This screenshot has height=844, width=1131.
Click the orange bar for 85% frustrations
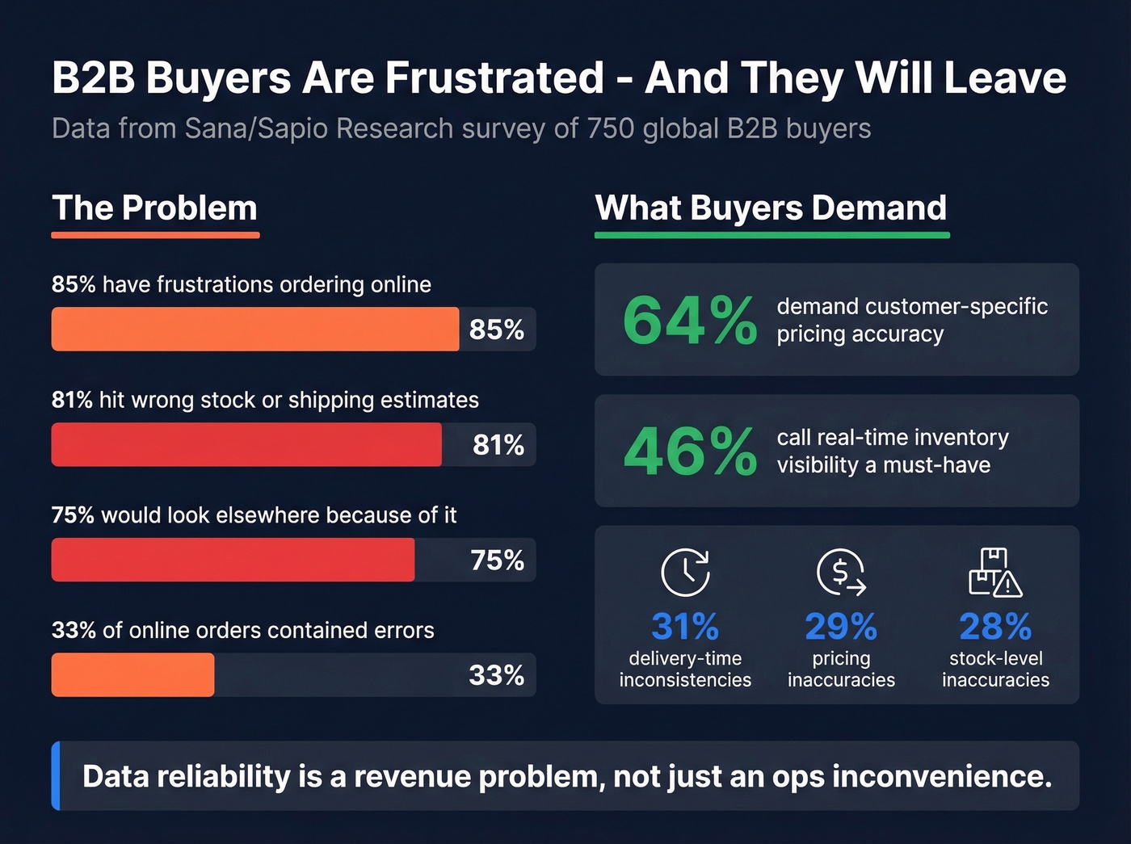tap(254, 329)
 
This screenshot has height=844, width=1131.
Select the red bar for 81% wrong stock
tap(246, 444)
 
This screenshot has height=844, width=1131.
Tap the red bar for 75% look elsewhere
tap(233, 560)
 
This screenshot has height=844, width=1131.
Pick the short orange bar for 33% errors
tap(132, 674)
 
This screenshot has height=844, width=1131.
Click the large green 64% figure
tap(689, 321)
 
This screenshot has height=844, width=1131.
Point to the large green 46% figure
tap(689, 451)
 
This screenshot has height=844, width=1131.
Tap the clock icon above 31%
tap(685, 572)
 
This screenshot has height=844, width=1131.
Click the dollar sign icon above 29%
tap(841, 572)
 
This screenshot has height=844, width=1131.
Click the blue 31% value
tap(685, 627)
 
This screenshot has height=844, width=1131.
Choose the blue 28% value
tap(995, 627)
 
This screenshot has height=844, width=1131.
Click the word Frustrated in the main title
tap(494, 78)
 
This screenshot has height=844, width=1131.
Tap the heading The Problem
tap(154, 208)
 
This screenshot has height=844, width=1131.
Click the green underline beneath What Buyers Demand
tap(772, 235)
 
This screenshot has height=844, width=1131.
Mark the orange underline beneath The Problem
tap(155, 235)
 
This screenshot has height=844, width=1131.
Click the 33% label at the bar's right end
tap(497, 675)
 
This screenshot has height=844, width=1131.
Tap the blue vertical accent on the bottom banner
tap(56, 775)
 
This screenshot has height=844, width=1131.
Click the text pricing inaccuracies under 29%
tap(841, 669)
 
